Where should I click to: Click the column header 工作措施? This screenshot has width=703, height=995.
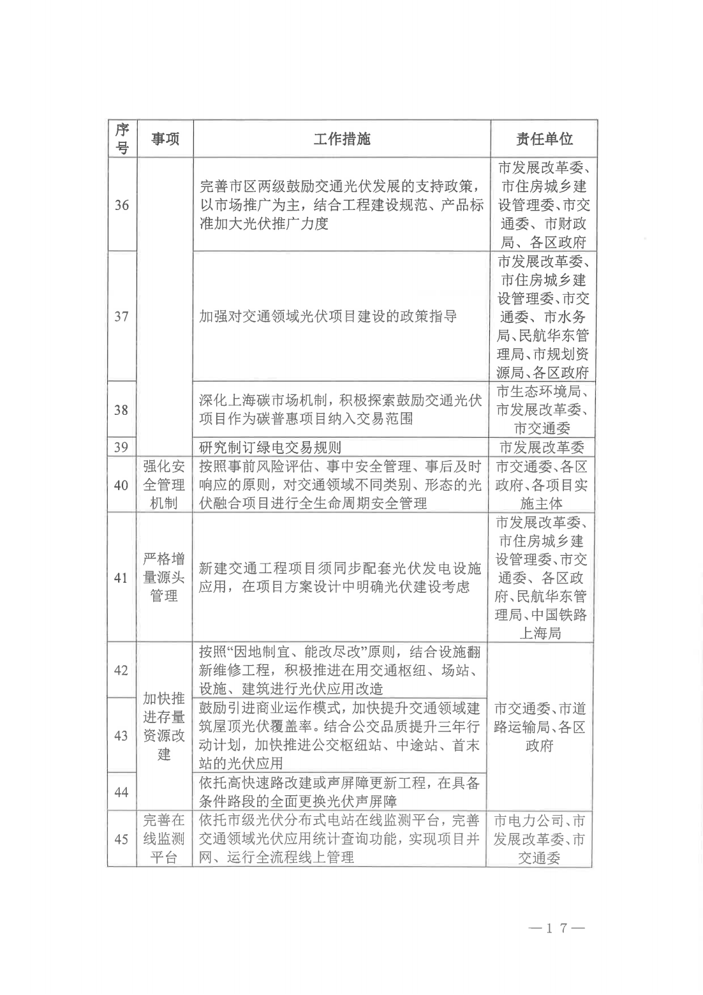(341, 139)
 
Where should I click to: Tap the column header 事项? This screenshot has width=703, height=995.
(165, 139)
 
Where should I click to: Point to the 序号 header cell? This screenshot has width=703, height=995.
(122, 139)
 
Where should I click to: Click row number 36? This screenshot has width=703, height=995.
(121, 206)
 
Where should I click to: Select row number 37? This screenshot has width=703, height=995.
(121, 317)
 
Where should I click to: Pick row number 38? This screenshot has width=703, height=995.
(121, 410)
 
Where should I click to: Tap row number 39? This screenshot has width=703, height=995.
(121, 447)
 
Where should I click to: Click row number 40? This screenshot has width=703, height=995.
(121, 485)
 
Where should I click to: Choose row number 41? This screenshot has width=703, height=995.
(121, 578)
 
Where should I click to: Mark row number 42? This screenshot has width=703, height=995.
(121, 670)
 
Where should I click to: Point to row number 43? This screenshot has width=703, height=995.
(121, 736)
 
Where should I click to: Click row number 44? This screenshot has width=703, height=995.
(121, 792)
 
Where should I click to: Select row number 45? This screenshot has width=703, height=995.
(121, 839)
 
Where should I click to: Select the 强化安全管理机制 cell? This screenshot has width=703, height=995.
(164, 485)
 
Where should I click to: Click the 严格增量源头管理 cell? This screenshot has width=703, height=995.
(164, 578)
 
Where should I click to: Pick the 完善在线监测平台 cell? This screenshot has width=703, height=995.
(164, 839)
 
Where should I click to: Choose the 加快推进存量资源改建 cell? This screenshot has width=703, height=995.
(164, 726)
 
